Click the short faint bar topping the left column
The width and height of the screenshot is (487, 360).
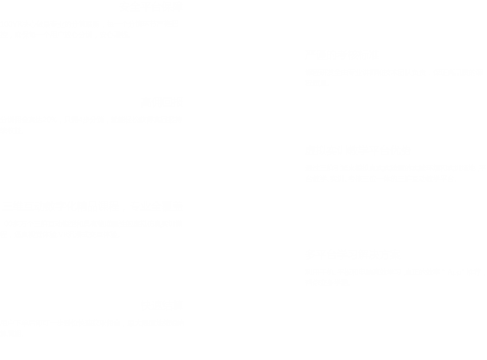tap(151, 6)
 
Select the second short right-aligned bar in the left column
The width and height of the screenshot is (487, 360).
tap(162, 101)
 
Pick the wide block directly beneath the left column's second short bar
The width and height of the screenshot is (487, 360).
tap(90, 125)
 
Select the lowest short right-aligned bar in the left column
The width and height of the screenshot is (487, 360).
tap(162, 305)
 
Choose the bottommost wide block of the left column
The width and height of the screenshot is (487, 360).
tap(90, 328)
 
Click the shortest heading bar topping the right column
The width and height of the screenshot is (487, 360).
tap(342, 55)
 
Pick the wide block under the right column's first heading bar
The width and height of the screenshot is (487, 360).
tap(395, 77)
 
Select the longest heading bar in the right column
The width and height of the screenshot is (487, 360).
tap(358, 151)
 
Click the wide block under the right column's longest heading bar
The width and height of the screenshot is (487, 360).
tap(395, 173)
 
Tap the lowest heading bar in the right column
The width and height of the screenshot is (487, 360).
tap(353, 254)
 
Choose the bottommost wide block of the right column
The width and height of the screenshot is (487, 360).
tap(395, 278)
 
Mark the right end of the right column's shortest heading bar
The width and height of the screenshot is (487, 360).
tap(378, 55)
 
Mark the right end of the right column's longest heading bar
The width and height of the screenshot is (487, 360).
tap(408, 151)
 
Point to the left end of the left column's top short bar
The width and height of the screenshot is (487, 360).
tap(122, 6)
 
